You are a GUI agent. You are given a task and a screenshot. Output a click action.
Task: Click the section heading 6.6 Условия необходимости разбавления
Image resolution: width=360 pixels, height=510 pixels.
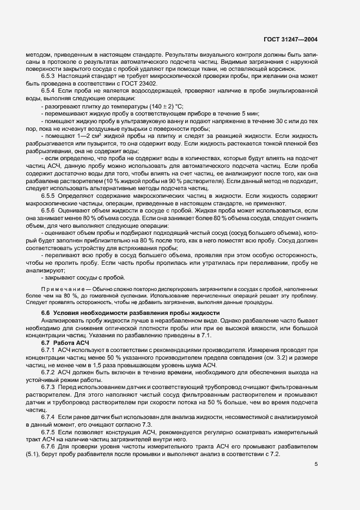(130, 312)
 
